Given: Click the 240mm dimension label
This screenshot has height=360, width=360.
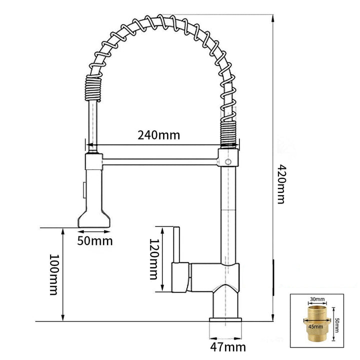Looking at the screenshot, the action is tap(159, 135).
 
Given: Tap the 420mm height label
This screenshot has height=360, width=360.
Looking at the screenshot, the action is tap(281, 184).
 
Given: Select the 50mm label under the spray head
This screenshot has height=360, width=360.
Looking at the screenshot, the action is tap(95, 241).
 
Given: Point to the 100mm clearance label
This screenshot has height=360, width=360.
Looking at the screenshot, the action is tap(54, 274).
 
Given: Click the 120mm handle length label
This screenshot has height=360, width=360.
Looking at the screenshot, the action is tap(154, 259).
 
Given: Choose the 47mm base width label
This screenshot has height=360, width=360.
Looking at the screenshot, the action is tap(228, 347).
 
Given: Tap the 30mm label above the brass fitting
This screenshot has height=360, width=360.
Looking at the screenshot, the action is tap(317, 299).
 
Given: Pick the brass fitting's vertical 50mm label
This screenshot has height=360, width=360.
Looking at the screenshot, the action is tap(337, 325).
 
